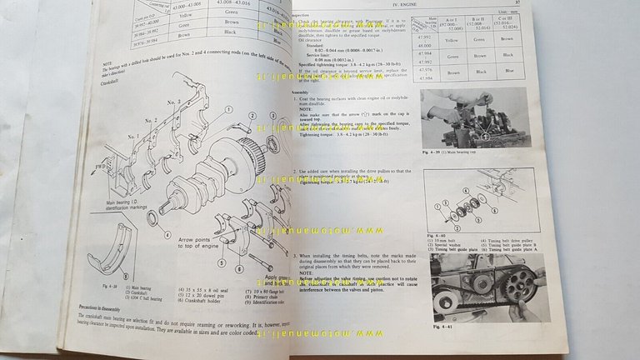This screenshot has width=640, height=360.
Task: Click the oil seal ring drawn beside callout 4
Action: click(x=152, y=219)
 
